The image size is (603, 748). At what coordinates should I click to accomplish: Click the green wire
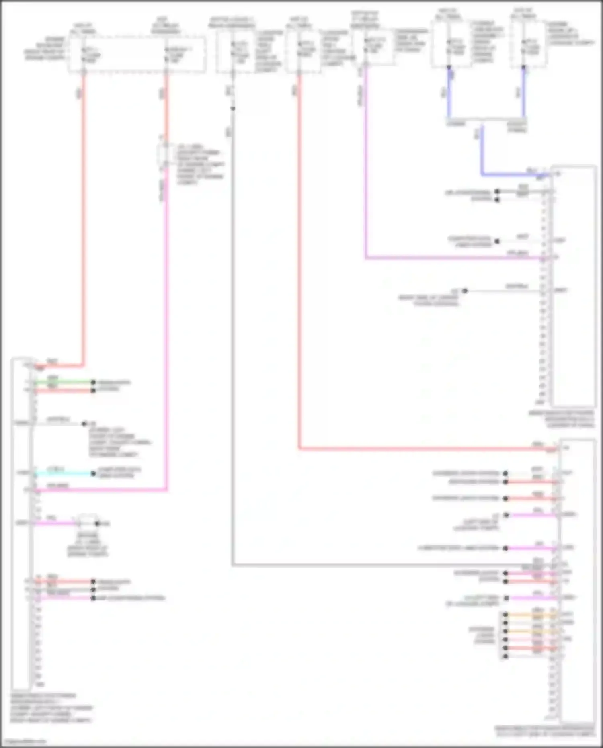64,382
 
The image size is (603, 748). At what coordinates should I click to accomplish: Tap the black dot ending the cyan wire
93,474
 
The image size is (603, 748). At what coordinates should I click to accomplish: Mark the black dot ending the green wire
93,382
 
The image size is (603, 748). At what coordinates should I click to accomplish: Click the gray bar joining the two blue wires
486,119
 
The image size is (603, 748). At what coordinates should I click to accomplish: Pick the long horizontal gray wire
394,565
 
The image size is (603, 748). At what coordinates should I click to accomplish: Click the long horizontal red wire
426,449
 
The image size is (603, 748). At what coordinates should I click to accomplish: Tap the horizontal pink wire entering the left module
100,490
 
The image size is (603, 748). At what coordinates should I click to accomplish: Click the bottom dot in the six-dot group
505,656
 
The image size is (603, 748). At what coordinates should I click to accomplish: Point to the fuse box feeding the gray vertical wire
234,51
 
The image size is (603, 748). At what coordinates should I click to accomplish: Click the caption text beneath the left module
51,708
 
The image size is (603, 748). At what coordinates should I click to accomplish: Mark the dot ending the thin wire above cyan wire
84,424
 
